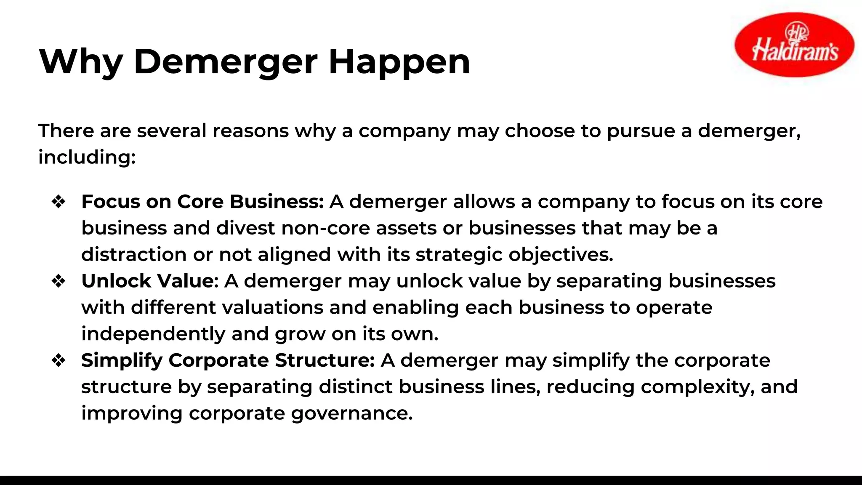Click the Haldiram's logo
794,45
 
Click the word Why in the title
80,62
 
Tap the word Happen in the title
399,62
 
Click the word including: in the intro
87,157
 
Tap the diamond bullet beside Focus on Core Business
59,202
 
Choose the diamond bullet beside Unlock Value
59,281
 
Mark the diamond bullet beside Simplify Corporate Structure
59,360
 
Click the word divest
245,228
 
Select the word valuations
272,307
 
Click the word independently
153,334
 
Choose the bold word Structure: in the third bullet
325,360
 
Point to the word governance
352,413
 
